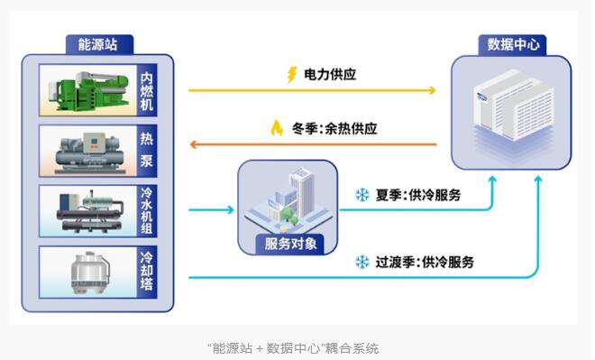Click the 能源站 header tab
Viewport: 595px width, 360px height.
99,44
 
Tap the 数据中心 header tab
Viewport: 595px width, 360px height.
512,45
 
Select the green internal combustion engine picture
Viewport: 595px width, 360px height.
88,90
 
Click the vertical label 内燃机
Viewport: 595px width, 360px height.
146,91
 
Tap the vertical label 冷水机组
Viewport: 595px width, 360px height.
146,211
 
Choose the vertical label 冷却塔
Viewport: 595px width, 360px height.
146,272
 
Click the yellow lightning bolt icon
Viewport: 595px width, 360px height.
291,74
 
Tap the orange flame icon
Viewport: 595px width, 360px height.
277,128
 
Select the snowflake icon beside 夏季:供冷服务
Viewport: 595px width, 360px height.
362,195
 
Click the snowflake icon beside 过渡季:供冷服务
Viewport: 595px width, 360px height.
362,262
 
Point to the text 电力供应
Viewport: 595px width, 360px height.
330,74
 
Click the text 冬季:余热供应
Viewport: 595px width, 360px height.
334,128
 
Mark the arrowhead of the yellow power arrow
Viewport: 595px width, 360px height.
432,90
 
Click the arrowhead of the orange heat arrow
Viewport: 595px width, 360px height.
193,144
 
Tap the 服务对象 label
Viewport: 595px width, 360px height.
290,244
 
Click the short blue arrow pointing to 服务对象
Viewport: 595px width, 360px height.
211,209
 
